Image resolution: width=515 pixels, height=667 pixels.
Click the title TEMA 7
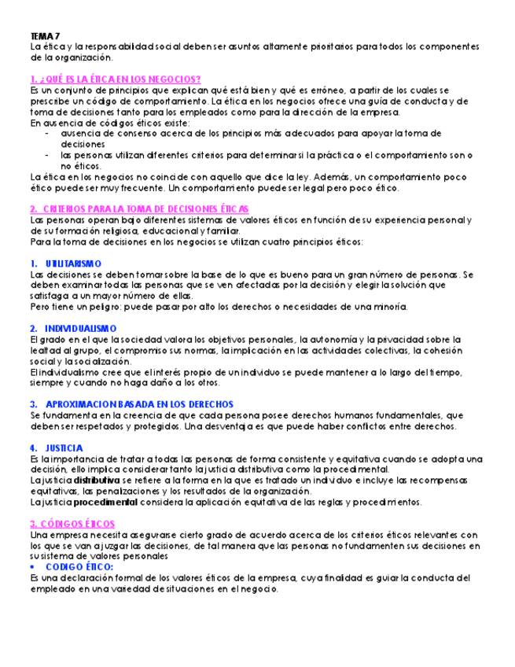click(43, 36)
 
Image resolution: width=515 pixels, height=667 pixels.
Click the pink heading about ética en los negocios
click(115, 79)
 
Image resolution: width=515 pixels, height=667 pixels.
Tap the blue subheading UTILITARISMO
click(74, 263)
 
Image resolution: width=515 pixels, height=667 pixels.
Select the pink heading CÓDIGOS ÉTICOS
click(72, 524)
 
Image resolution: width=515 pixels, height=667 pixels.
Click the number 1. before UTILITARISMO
click(35, 263)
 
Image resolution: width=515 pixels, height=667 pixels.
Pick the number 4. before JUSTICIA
click(35, 448)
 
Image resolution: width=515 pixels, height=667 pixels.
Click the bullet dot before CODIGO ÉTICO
click(33, 567)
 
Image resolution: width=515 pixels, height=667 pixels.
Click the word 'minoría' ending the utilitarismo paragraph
click(389, 307)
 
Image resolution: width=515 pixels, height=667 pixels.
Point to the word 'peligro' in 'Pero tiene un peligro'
click(101, 307)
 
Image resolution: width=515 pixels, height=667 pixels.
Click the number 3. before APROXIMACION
click(35, 404)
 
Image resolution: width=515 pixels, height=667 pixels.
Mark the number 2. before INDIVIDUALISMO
click(35, 327)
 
